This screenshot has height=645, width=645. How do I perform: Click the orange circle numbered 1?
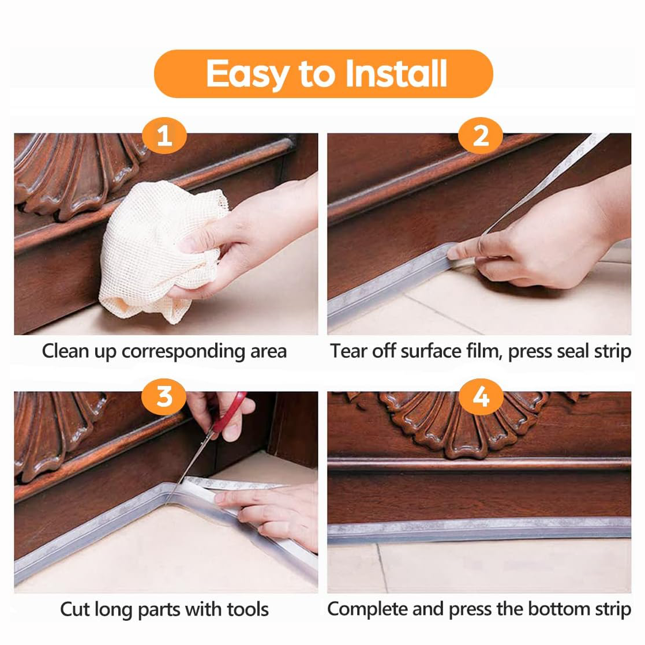(x=164, y=137)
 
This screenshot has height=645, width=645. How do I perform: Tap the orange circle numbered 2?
(x=481, y=137)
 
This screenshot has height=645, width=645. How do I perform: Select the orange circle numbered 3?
(x=164, y=397)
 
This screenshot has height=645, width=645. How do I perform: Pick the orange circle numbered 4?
(x=481, y=397)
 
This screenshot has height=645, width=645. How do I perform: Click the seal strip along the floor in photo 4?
(x=479, y=528)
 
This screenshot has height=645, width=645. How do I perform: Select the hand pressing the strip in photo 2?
(x=537, y=248)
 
